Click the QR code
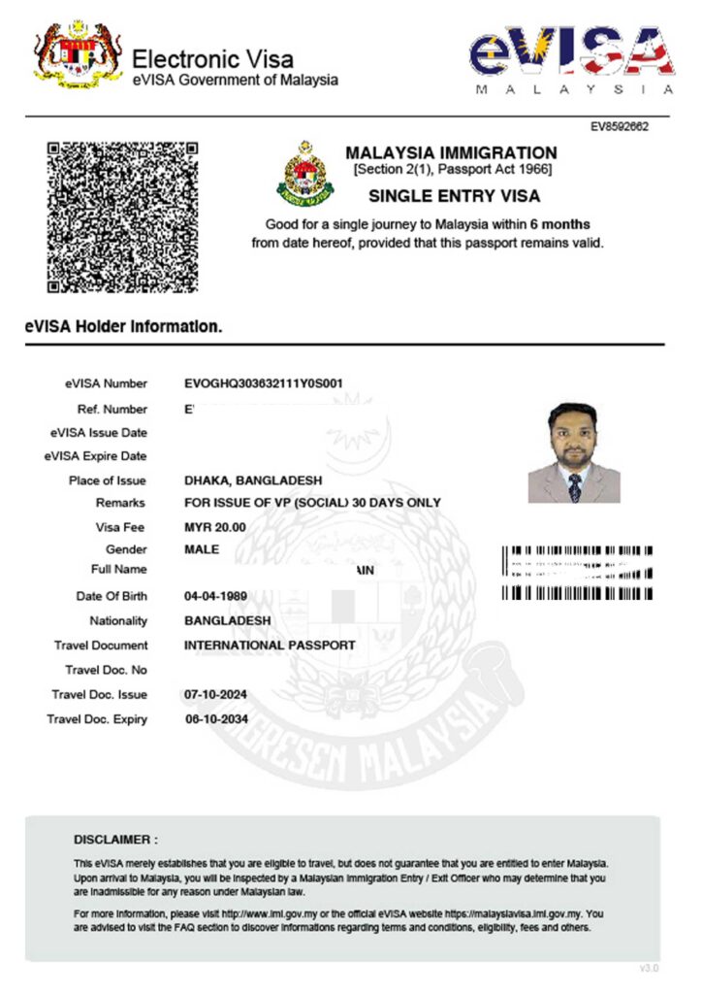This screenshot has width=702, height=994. [x=123, y=216]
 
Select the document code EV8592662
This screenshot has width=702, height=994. [x=620, y=127]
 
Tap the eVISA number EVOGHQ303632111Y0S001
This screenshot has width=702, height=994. [x=263, y=383]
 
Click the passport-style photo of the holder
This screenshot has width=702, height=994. [x=574, y=453]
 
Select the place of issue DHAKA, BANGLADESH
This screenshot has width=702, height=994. [x=253, y=480]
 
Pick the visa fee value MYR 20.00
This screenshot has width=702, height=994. [x=214, y=527]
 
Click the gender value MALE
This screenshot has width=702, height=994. [x=202, y=549]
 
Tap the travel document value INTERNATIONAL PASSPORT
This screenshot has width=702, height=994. [x=270, y=645]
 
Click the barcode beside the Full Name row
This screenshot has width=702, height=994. [x=577, y=572]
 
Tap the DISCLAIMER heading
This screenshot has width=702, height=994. [x=115, y=839]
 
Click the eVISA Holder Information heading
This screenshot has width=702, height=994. [x=123, y=327]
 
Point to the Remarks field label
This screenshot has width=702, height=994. [x=121, y=503]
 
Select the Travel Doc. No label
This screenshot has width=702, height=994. [x=106, y=670]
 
